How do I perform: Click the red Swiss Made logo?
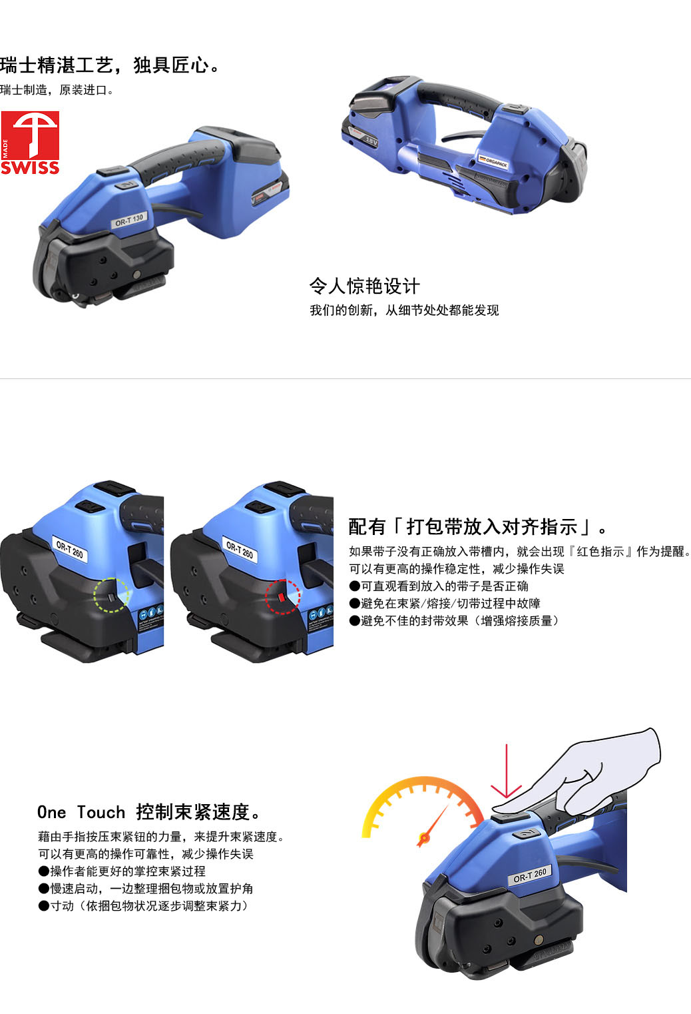[x=30, y=143]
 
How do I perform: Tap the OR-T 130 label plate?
[x=129, y=221]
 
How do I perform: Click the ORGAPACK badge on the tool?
[x=493, y=162]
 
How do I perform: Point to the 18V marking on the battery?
[x=371, y=141]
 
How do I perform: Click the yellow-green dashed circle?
[x=111, y=595]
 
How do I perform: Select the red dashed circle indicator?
[x=283, y=596]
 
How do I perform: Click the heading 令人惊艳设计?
[x=365, y=286]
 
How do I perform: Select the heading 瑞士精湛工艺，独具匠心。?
[x=111, y=66]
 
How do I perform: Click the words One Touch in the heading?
[x=81, y=812]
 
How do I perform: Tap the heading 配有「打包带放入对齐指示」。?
[x=477, y=526]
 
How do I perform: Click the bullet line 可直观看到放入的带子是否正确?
[x=439, y=586]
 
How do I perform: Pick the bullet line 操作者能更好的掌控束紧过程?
[x=122, y=871]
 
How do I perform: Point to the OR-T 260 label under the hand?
[x=529, y=875]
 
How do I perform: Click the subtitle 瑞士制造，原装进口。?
[x=57, y=90]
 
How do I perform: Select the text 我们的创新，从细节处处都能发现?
[x=404, y=310]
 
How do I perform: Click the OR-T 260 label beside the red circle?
[x=240, y=550]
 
